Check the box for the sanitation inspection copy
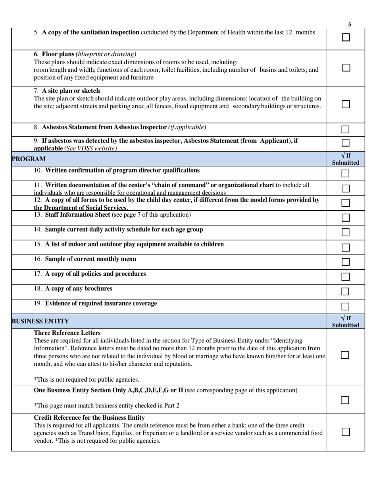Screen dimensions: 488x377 pyautogui.click(x=346, y=38)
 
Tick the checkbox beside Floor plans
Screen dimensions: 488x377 pyautogui.click(x=346, y=68)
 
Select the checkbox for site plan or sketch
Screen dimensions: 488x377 pyautogui.click(x=346, y=104)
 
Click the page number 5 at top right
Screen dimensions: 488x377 pyautogui.click(x=350, y=25)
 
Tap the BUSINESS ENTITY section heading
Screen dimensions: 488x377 pyautogui.click(x=40, y=321)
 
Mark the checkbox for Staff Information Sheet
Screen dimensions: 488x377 pyautogui.click(x=346, y=217)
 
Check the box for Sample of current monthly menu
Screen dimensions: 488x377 pyautogui.click(x=346, y=262)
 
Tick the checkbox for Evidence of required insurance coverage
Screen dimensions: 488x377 pyautogui.click(x=346, y=306)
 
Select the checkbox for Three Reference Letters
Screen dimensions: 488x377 pyautogui.click(x=345, y=355)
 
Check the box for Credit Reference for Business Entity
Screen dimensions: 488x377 pyautogui.click(x=346, y=432)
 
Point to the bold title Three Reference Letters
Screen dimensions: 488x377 pyautogui.click(x=67, y=333)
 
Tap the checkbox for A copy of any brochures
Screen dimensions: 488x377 pyautogui.click(x=346, y=292)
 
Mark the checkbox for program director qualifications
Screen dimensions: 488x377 pyautogui.click(x=346, y=173)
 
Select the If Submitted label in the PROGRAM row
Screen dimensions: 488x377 pyautogui.click(x=346, y=159)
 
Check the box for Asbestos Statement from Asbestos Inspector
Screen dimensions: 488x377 pyautogui.click(x=346, y=129)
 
